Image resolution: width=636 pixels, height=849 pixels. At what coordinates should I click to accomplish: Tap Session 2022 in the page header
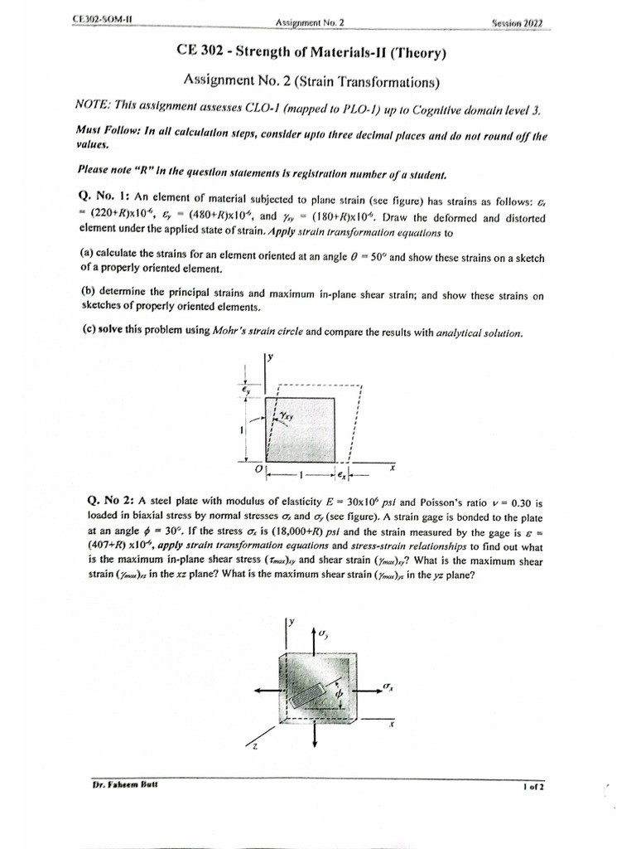click(x=517, y=23)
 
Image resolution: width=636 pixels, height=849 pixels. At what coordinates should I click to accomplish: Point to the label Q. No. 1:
click(x=104, y=196)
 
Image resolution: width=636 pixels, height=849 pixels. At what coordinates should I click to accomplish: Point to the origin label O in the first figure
click(x=258, y=469)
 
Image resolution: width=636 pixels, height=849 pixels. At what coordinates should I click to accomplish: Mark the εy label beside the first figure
click(x=246, y=389)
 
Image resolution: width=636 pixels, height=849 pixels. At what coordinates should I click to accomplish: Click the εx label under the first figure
click(x=342, y=474)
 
